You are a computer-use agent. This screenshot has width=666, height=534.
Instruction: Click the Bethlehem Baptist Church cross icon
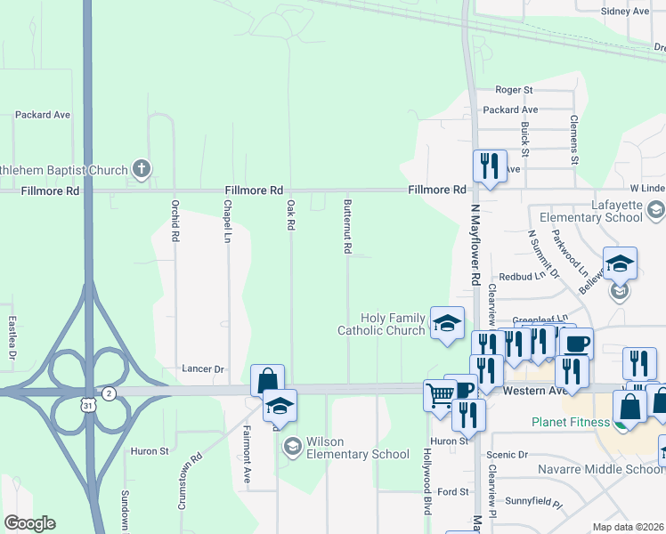point(141,168)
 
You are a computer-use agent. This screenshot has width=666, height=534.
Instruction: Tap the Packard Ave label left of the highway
point(42,115)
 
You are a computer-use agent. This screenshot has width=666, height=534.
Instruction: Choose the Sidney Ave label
point(626,12)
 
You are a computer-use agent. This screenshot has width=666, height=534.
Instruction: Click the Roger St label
point(514,90)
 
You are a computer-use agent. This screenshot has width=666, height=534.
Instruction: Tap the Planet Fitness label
point(569,422)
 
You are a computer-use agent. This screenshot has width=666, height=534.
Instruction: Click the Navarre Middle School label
point(600,469)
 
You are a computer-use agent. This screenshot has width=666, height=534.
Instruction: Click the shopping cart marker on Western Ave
point(439,393)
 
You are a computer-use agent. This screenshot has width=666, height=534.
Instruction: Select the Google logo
point(29,523)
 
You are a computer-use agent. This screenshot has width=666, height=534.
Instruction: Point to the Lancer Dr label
point(201,368)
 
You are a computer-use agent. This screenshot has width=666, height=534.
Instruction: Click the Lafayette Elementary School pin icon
point(656,211)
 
